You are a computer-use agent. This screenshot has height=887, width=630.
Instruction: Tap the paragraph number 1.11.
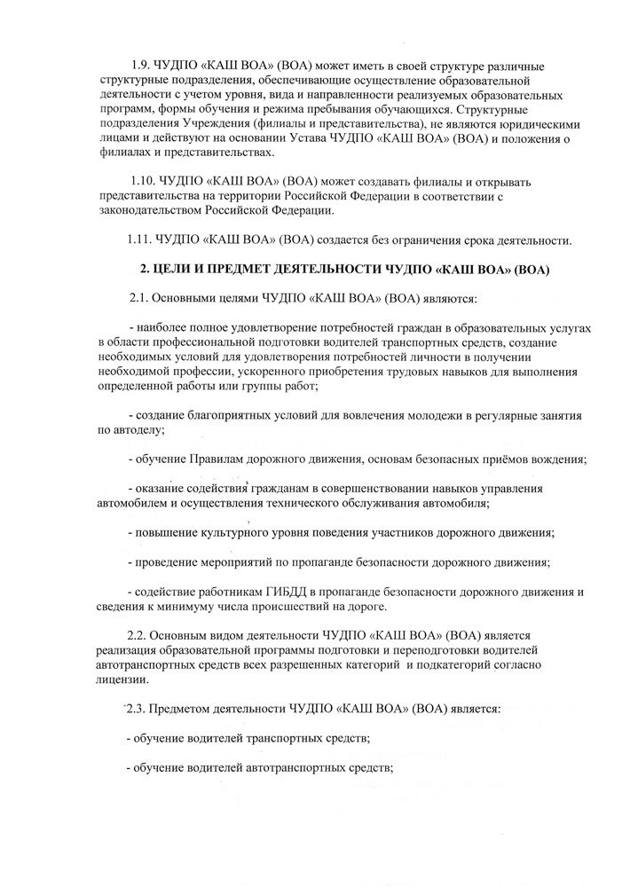[x=140, y=239]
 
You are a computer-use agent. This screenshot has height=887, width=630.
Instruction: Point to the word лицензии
[x=122, y=679]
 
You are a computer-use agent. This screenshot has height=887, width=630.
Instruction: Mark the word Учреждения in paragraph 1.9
[x=203, y=124]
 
